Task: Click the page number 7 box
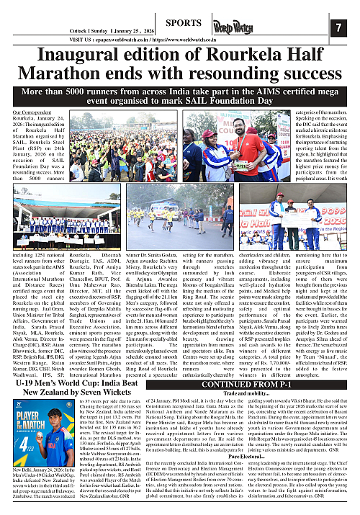click(x=339, y=27)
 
